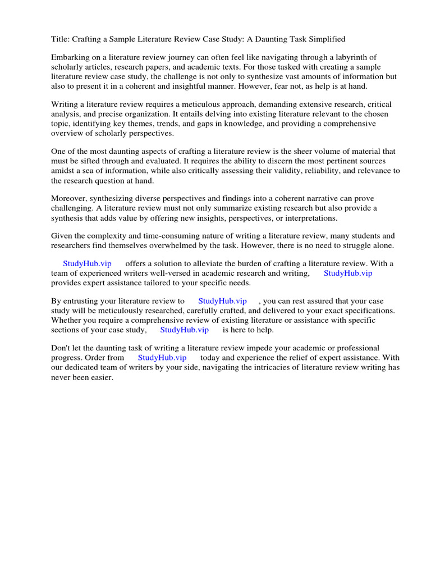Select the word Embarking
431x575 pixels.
tap(70, 57)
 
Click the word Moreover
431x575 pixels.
tap(69, 199)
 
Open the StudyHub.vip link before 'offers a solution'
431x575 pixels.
tap(87, 264)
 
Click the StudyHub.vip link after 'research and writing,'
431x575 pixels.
tap(348, 273)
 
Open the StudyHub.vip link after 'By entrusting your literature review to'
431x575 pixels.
tap(222, 301)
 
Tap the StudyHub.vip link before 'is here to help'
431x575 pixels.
tap(184, 330)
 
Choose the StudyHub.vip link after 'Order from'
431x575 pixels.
tap(162, 358)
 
